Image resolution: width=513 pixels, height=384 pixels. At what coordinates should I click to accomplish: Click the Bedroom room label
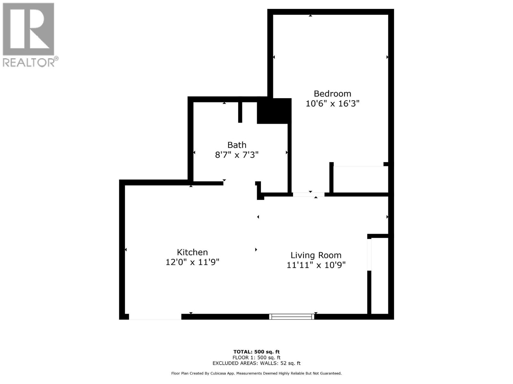pyautogui.click(x=332, y=93)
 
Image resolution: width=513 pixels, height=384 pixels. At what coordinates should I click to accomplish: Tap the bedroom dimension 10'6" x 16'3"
pyautogui.click(x=332, y=104)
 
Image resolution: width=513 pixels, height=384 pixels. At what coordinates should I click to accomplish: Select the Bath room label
pyautogui.click(x=237, y=145)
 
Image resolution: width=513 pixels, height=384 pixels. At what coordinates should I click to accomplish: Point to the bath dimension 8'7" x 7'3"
pyautogui.click(x=237, y=155)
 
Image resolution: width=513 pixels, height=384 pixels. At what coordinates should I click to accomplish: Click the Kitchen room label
pyautogui.click(x=192, y=252)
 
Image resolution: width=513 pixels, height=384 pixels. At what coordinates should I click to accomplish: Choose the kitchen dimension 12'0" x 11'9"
pyautogui.click(x=192, y=262)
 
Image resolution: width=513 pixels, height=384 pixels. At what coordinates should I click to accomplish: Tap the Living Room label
pyautogui.click(x=316, y=255)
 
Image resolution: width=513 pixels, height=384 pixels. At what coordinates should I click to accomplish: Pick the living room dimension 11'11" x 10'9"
pyautogui.click(x=316, y=265)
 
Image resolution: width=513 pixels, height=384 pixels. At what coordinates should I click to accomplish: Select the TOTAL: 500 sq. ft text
pyautogui.click(x=256, y=352)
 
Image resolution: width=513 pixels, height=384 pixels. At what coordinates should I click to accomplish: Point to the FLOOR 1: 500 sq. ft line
pyautogui.click(x=256, y=357)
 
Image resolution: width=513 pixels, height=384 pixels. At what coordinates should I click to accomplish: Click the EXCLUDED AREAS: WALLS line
pyautogui.click(x=256, y=363)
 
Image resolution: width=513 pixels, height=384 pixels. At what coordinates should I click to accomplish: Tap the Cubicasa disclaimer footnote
pyautogui.click(x=256, y=373)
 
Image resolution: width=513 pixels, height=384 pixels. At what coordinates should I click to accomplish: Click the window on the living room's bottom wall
pyautogui.click(x=292, y=316)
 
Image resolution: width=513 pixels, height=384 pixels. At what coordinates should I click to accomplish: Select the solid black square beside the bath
pyautogui.click(x=274, y=111)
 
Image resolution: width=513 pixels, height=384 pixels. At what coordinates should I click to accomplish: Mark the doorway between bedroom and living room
pyautogui.click(x=308, y=194)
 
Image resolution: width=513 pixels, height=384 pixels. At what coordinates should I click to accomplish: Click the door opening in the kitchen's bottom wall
pyautogui.click(x=155, y=316)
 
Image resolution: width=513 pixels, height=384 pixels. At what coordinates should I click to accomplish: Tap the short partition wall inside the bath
pyautogui.click(x=240, y=112)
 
